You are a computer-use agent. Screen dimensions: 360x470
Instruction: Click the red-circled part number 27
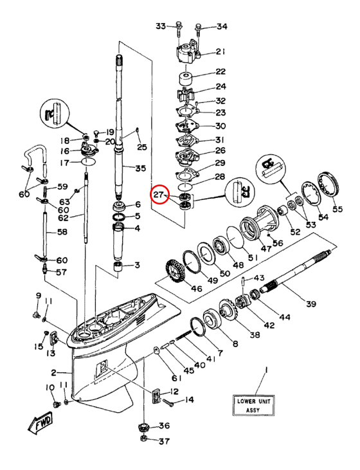(x=158, y=195)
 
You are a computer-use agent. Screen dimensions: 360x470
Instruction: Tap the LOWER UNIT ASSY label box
(x=253, y=405)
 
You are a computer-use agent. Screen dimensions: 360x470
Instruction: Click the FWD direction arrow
(x=40, y=422)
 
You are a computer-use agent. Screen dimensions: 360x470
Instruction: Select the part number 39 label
(x=311, y=303)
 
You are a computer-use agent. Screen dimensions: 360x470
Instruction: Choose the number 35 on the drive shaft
(x=140, y=168)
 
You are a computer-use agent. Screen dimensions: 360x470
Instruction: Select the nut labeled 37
(x=144, y=439)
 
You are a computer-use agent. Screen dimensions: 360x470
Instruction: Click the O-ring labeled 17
(x=89, y=163)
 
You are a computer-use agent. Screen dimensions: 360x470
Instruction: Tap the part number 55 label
(x=337, y=208)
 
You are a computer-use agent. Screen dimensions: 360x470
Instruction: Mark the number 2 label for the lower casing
(x=53, y=372)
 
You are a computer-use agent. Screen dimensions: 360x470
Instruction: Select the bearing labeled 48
(x=222, y=246)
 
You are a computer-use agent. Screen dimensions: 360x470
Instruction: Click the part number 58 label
(x=62, y=231)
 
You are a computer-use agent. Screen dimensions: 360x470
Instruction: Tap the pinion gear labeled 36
(x=145, y=427)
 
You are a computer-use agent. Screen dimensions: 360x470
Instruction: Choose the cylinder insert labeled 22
(x=186, y=79)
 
